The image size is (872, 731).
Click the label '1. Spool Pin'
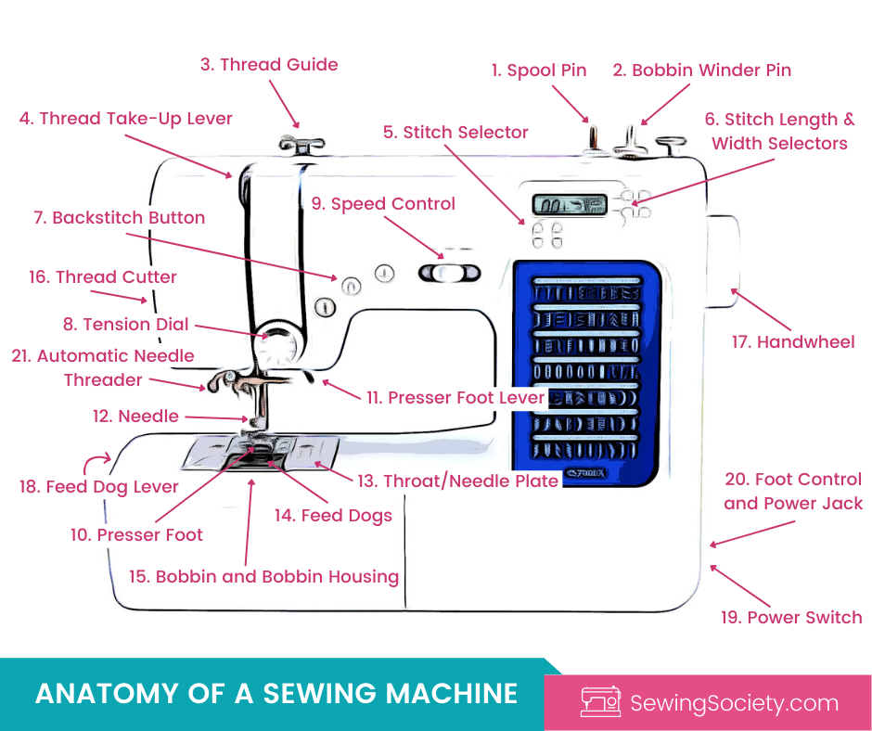pos(539,71)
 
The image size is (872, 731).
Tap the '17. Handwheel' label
pos(793,342)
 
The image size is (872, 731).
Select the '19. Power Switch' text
pos(791,618)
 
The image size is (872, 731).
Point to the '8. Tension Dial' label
pos(125,325)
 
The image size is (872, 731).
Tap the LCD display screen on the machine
pos(569,206)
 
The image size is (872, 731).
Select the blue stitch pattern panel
pos(585,364)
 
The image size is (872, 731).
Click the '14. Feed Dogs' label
pos(333,516)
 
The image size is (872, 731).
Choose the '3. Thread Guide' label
pos(269,65)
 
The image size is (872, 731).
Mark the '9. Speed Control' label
pos(383,204)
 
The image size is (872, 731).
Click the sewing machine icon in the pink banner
pos(599,702)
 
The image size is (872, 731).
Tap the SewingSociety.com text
pos(734,703)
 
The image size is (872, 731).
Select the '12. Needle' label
pos(135,417)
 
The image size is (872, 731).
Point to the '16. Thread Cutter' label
pos(103,277)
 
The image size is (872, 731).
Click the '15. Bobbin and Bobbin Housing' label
pos(263,577)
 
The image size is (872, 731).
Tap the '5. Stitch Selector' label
pos(455,133)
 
